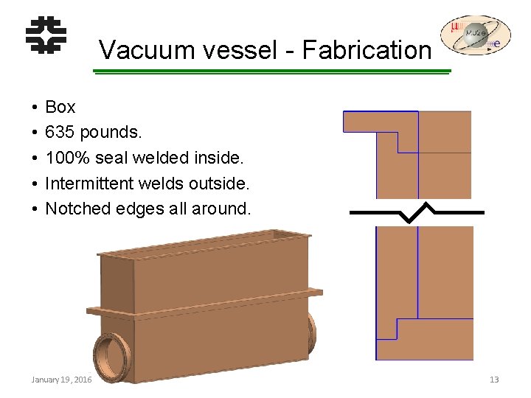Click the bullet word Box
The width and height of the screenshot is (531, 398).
[x=60, y=108]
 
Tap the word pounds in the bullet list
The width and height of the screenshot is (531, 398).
[x=110, y=133]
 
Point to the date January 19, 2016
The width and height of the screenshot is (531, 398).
[x=61, y=379]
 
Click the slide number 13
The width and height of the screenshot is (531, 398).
[x=494, y=379]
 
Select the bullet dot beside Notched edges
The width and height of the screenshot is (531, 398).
[x=35, y=209]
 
